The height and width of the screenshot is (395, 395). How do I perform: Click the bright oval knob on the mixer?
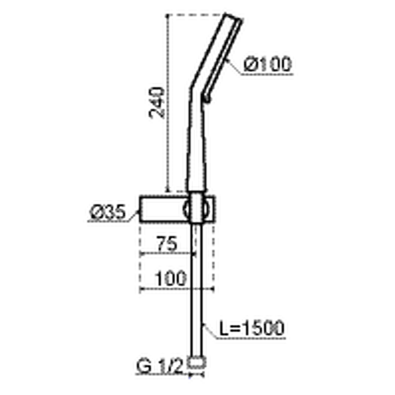pos(197,208)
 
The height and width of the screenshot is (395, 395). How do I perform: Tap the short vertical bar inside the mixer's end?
pos(144,209)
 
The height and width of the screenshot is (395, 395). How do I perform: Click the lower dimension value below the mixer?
pos(172,277)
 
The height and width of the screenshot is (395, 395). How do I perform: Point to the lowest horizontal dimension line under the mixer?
pos(176,289)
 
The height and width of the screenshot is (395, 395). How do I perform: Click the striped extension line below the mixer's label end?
pos(139,262)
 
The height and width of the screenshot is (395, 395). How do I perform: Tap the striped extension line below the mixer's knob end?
pos(213,262)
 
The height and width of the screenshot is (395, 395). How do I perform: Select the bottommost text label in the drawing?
pos(170,365)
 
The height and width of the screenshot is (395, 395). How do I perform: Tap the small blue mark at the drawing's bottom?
pos(190,380)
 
